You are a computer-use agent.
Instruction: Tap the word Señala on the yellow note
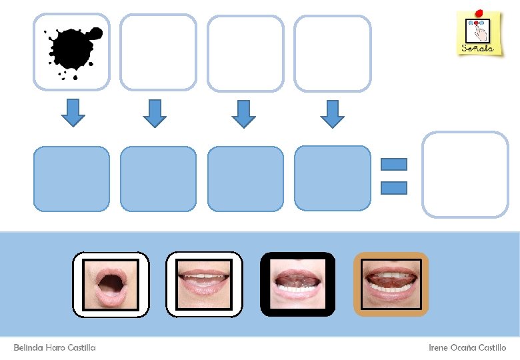[x=477, y=48]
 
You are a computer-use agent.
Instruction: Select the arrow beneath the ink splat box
[x=73, y=112]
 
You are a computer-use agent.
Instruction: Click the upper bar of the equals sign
[x=393, y=164]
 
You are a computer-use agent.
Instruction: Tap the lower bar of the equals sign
[x=393, y=187]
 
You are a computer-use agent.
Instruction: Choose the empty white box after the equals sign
[x=465, y=174]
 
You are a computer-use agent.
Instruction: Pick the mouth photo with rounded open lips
[x=111, y=285]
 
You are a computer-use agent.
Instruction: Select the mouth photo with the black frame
[x=297, y=284]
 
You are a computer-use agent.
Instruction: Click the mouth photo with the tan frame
[x=391, y=284]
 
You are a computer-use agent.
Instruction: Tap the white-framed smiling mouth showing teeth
[x=203, y=285]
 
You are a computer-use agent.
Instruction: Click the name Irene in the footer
[x=439, y=348]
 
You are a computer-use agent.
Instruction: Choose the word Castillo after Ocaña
[x=492, y=348]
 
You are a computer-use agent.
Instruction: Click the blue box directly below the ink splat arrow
[x=71, y=179]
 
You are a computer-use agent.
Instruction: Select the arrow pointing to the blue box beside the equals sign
[x=332, y=113]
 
